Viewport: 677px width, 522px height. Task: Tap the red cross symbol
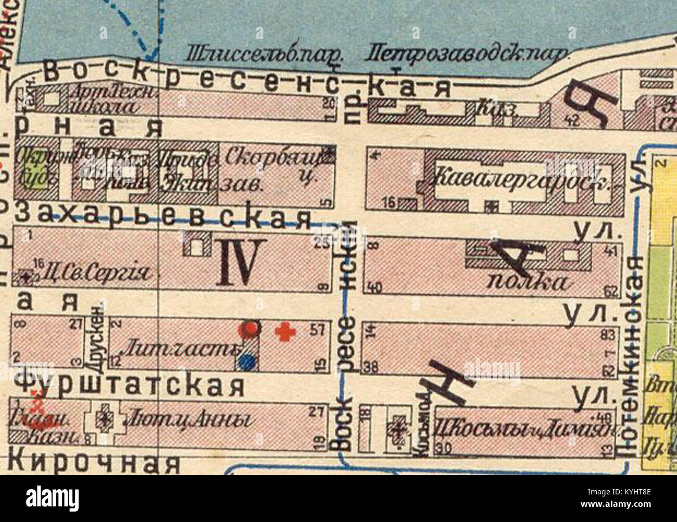(x=283, y=331)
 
